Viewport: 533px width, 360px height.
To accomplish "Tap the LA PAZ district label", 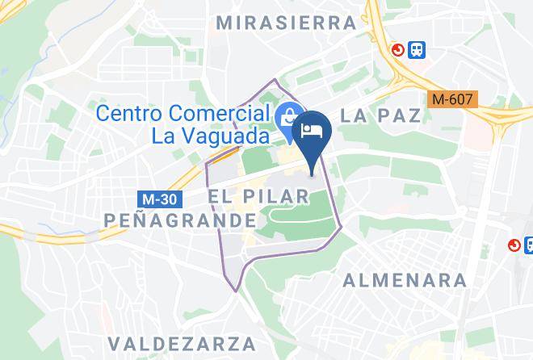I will pyautogui.click(x=380, y=115).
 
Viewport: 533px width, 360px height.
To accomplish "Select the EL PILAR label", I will pyautogui.click(x=258, y=197).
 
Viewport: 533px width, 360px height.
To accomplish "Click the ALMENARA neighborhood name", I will pyautogui.click(x=405, y=280).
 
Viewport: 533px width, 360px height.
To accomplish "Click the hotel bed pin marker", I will pyautogui.click(x=312, y=130).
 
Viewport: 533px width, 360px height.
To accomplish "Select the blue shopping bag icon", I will pyautogui.click(x=285, y=118).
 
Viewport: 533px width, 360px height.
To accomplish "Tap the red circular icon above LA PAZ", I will pyautogui.click(x=398, y=50).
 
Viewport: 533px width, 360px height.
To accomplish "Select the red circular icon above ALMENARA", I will pyautogui.click(x=514, y=245).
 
